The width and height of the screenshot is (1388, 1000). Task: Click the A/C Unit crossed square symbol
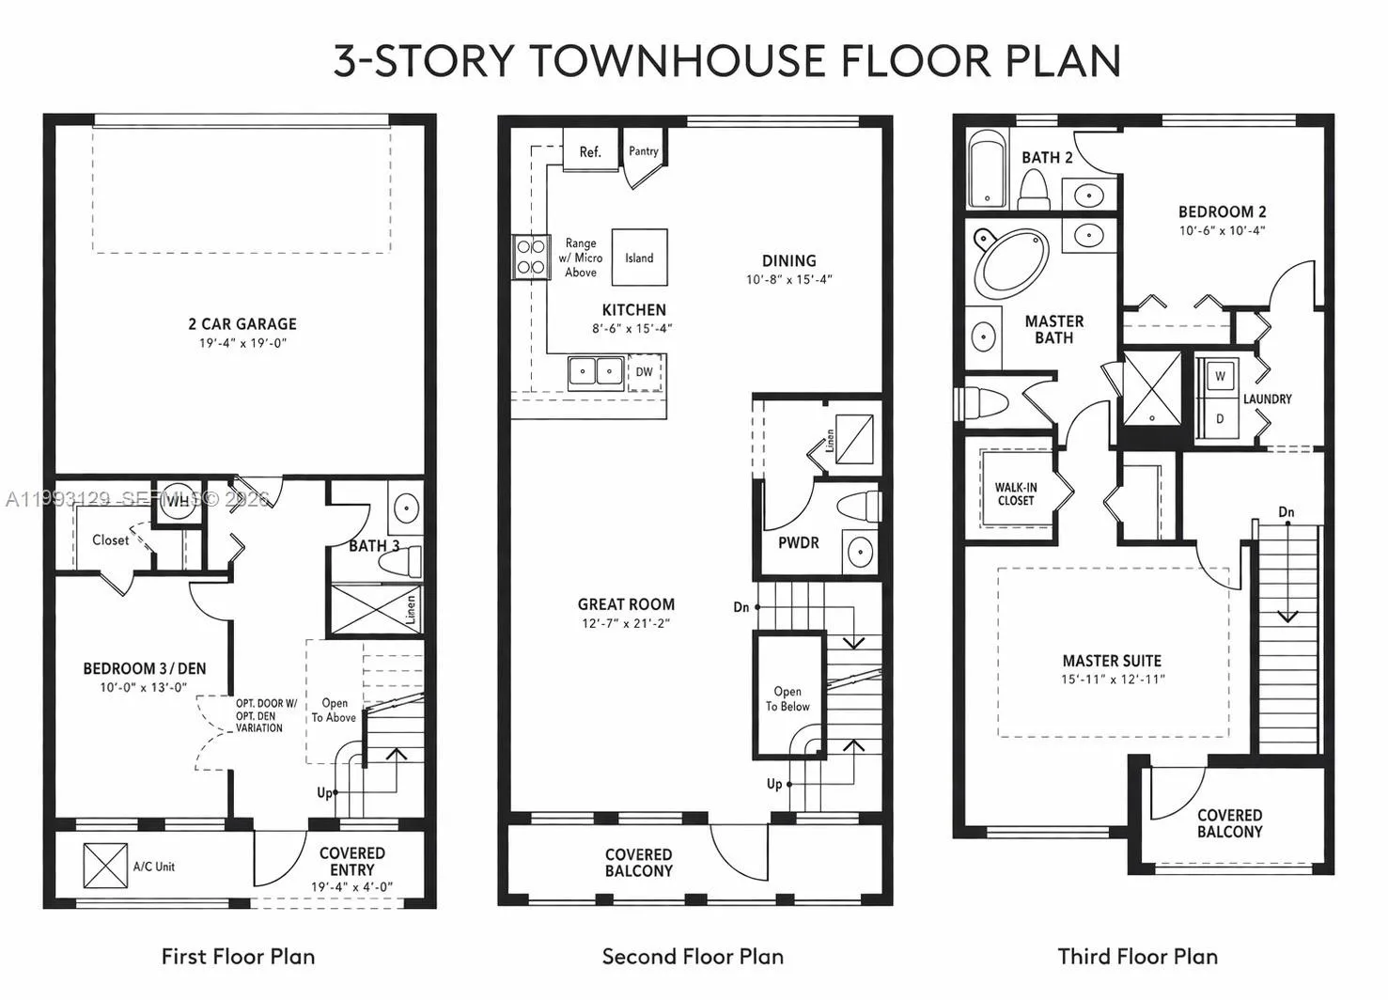coord(104,865)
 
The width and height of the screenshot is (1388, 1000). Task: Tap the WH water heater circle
coord(178,500)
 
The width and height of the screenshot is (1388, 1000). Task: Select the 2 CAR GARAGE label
coord(242,324)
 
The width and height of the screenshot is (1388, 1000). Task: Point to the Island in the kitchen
coord(639,258)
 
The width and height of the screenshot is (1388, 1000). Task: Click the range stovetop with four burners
coord(531,257)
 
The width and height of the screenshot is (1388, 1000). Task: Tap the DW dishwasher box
coord(644,372)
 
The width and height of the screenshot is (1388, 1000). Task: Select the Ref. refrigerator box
coord(589,151)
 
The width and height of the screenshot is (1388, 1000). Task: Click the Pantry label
coord(644,150)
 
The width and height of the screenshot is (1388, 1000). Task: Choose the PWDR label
coord(798,542)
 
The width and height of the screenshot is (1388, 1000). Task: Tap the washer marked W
coord(1220,376)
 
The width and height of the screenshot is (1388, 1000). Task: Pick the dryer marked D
coord(1220,419)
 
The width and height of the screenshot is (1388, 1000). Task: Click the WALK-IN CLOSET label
coord(1015,494)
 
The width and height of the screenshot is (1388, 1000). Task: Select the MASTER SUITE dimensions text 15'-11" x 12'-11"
coord(1113,680)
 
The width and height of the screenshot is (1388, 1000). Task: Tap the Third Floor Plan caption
coord(1137,957)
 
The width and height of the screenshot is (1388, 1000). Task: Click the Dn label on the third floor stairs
coord(1286,512)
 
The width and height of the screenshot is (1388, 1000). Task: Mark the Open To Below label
coord(788,698)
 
